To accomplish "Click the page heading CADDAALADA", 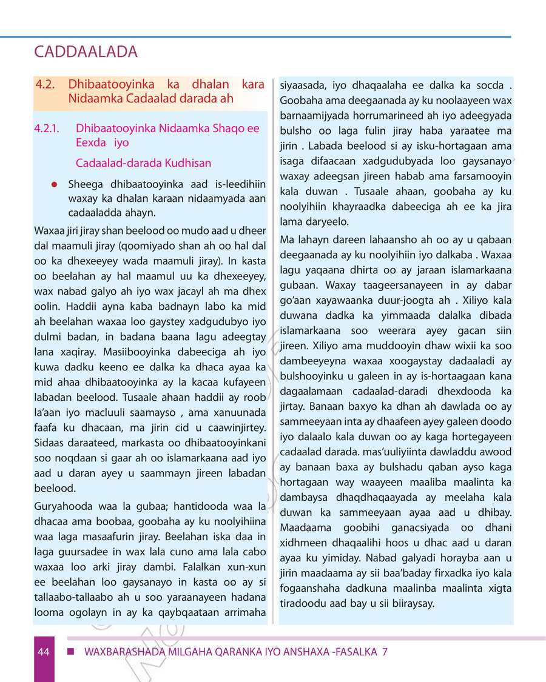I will click(x=86, y=52).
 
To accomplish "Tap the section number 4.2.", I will click(x=46, y=84).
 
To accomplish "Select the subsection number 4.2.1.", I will click(x=48, y=129).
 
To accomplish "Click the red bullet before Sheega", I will click(x=54, y=184).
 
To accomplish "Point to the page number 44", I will click(x=42, y=652).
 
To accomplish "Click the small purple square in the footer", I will click(x=70, y=651).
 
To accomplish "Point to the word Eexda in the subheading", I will click(x=90, y=144).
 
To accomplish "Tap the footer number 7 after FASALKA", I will click(x=385, y=652).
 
